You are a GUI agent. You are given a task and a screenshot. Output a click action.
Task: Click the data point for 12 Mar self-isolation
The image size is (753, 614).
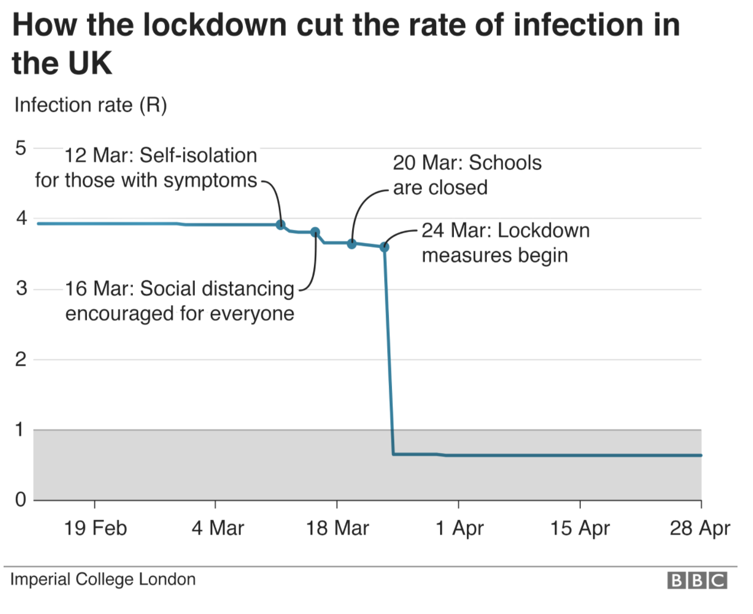click(281, 225)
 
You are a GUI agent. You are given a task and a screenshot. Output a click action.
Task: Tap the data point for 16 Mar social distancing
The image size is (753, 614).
click(315, 232)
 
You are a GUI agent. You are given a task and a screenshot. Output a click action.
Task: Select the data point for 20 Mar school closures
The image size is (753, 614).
click(351, 244)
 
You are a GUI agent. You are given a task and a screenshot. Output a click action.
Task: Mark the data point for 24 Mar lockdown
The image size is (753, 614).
click(384, 247)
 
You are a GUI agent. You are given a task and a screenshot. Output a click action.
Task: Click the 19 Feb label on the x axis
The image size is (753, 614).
click(95, 528)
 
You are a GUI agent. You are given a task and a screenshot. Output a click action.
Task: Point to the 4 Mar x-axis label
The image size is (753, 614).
click(217, 528)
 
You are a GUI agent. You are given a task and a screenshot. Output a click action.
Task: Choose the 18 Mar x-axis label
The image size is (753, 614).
click(337, 528)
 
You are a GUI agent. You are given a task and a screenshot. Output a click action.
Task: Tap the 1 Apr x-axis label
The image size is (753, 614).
click(459, 528)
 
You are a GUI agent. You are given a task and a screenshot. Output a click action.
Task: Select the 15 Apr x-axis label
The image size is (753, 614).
click(580, 528)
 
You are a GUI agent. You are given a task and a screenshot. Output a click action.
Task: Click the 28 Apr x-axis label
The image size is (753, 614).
click(699, 528)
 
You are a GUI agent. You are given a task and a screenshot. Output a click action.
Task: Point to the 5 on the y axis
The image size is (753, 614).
click(21, 148)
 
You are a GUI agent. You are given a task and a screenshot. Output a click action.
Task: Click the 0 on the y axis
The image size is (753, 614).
click(21, 500)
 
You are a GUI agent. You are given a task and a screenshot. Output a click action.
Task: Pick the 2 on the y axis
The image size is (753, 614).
click(21, 359)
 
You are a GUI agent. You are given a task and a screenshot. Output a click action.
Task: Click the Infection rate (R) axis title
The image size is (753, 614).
click(91, 105)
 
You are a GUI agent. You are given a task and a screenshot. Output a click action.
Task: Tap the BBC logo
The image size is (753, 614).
click(697, 580)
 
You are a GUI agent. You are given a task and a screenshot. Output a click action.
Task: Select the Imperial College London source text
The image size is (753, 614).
click(102, 579)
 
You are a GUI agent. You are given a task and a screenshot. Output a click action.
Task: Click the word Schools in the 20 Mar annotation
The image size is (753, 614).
click(505, 163)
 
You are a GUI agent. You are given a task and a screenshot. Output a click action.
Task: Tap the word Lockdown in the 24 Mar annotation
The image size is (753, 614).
click(543, 231)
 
